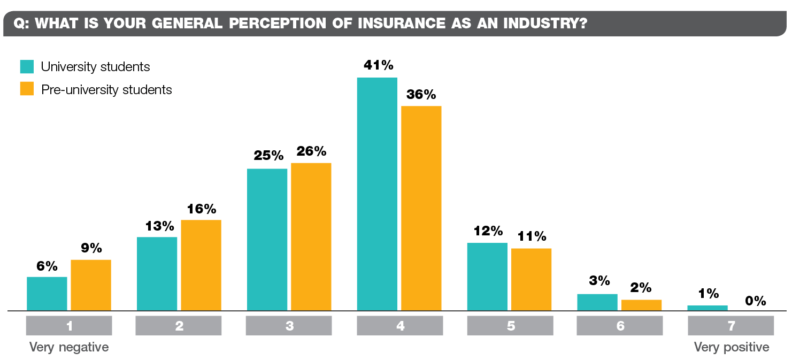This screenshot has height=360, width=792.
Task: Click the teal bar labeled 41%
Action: tap(377, 194)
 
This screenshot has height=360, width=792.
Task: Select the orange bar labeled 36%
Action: tap(421, 208)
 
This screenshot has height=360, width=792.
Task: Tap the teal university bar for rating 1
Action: tap(47, 294)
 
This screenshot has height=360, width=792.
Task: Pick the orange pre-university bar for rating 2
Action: tap(201, 265)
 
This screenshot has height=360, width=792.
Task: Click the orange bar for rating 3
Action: tap(311, 236)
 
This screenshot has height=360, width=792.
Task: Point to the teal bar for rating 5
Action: tap(487, 277)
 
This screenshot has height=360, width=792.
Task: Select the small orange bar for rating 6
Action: tap(641, 305)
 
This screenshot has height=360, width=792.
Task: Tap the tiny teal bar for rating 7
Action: tap(708, 308)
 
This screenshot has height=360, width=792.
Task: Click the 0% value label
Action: tap(756, 301)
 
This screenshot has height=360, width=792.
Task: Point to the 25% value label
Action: tap(268, 156)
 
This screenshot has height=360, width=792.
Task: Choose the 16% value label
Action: tap(201, 209)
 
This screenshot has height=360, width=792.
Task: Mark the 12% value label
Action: tap(488, 231)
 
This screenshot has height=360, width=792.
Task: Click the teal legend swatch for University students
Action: tap(27, 66)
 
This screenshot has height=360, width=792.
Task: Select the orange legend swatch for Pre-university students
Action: tap(27, 89)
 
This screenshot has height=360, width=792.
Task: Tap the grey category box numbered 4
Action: tap(400, 326)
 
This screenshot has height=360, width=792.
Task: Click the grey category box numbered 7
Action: tap(731, 326)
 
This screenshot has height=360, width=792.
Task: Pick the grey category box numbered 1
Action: tap(69, 326)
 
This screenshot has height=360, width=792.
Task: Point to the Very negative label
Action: tap(69, 347)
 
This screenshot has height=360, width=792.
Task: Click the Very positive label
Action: tap(731, 347)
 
